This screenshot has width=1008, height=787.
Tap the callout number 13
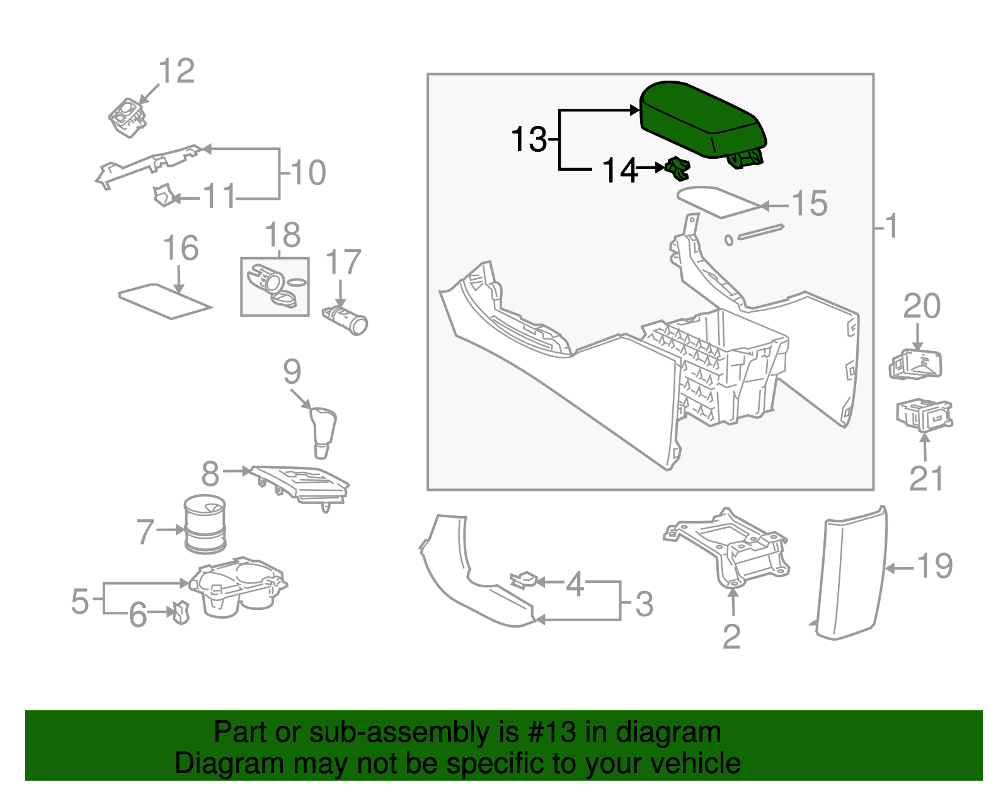tap(529, 139)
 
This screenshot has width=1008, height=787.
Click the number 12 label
tap(177, 71)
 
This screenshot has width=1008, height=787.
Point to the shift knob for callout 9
tap(324, 432)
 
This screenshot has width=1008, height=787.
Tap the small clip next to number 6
tap(181, 611)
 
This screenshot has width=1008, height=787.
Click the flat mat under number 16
tap(165, 302)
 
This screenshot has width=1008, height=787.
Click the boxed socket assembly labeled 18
tap(275, 287)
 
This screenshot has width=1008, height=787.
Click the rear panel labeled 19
tap(850, 573)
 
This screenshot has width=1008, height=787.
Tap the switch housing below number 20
tap(916, 365)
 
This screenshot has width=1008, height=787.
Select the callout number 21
tap(927, 480)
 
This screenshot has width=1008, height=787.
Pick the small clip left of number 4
tap(524, 579)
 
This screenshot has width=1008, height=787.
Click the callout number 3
tap(644, 604)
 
